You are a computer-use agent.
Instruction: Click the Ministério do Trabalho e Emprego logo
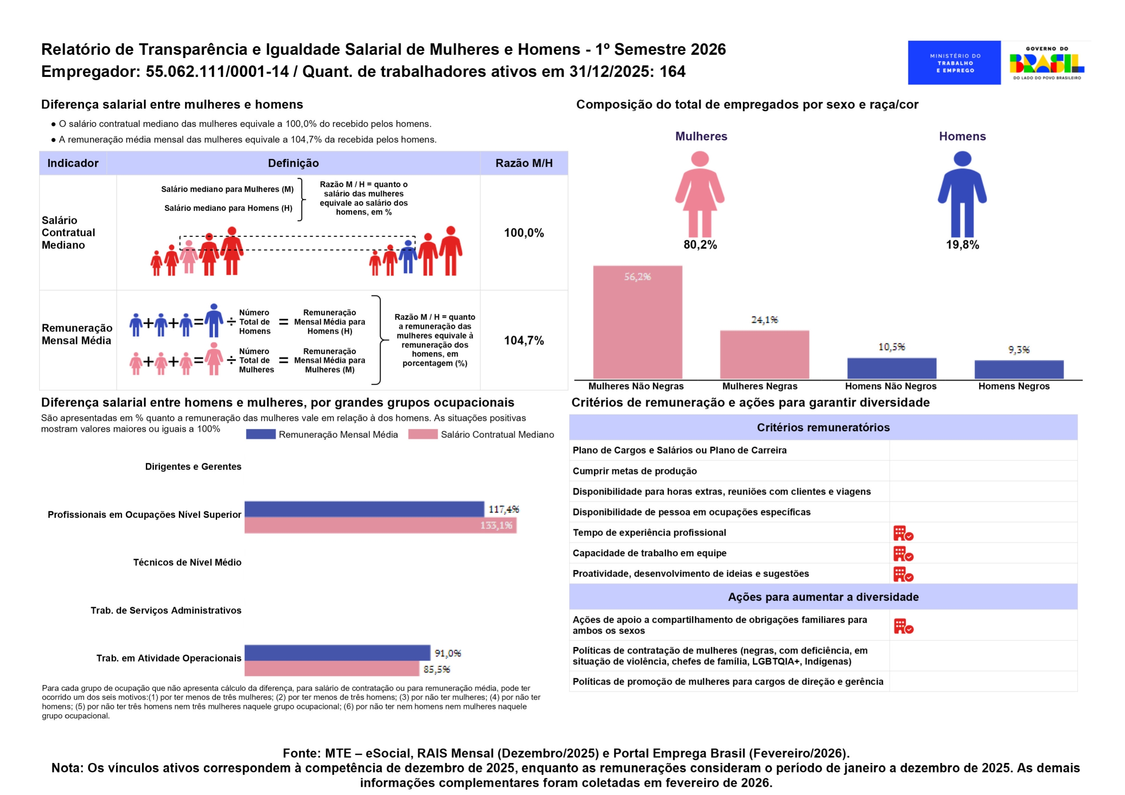pyautogui.click(x=954, y=63)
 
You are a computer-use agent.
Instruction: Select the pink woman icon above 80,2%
pyautogui.click(x=700, y=194)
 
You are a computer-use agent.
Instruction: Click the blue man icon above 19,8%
pyautogui.click(x=962, y=194)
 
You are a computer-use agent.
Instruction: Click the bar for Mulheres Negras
pyautogui.click(x=764, y=354)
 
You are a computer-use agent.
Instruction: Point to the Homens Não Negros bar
pyautogui.click(x=891, y=368)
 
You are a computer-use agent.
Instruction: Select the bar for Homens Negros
pyautogui.click(x=1019, y=369)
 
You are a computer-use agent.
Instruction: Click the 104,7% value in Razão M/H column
pyautogui.click(x=524, y=341)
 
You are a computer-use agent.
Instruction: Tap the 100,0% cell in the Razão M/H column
pyautogui.click(x=524, y=233)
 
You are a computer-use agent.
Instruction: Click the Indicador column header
pyautogui.click(x=73, y=163)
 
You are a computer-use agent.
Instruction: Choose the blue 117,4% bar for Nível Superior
pyautogui.click(x=364, y=509)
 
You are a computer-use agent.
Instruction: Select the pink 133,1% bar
pyautogui.click(x=380, y=526)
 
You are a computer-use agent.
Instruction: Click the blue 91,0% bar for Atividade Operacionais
pyautogui.click(x=337, y=653)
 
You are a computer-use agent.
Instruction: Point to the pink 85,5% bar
pyautogui.click(x=332, y=668)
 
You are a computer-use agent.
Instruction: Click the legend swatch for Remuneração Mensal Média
pyautogui.click(x=260, y=434)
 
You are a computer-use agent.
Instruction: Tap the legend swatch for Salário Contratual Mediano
pyautogui.click(x=422, y=434)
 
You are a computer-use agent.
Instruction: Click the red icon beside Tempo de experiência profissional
pyautogui.click(x=903, y=533)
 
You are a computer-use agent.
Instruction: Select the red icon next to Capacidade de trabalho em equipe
pyautogui.click(x=903, y=554)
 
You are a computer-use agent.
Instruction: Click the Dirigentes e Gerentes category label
pyautogui.click(x=193, y=467)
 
